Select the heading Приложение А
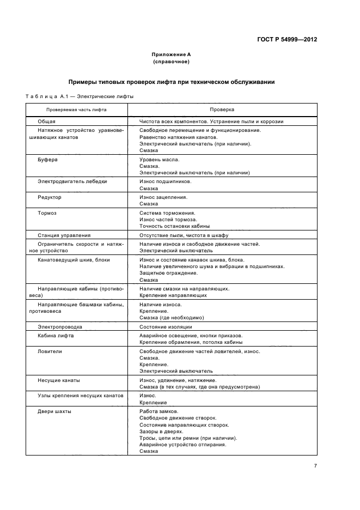170,54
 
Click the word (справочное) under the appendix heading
170,62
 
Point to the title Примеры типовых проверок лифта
170,82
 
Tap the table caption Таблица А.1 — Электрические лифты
79,97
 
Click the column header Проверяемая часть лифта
69,110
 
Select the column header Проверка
221,110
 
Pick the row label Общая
46,122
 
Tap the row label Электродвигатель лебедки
72,181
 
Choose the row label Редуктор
49,197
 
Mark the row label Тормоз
47,212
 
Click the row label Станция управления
64,235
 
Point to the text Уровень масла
159,160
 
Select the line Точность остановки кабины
174,226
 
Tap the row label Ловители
50,351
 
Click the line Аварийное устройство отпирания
182,444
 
